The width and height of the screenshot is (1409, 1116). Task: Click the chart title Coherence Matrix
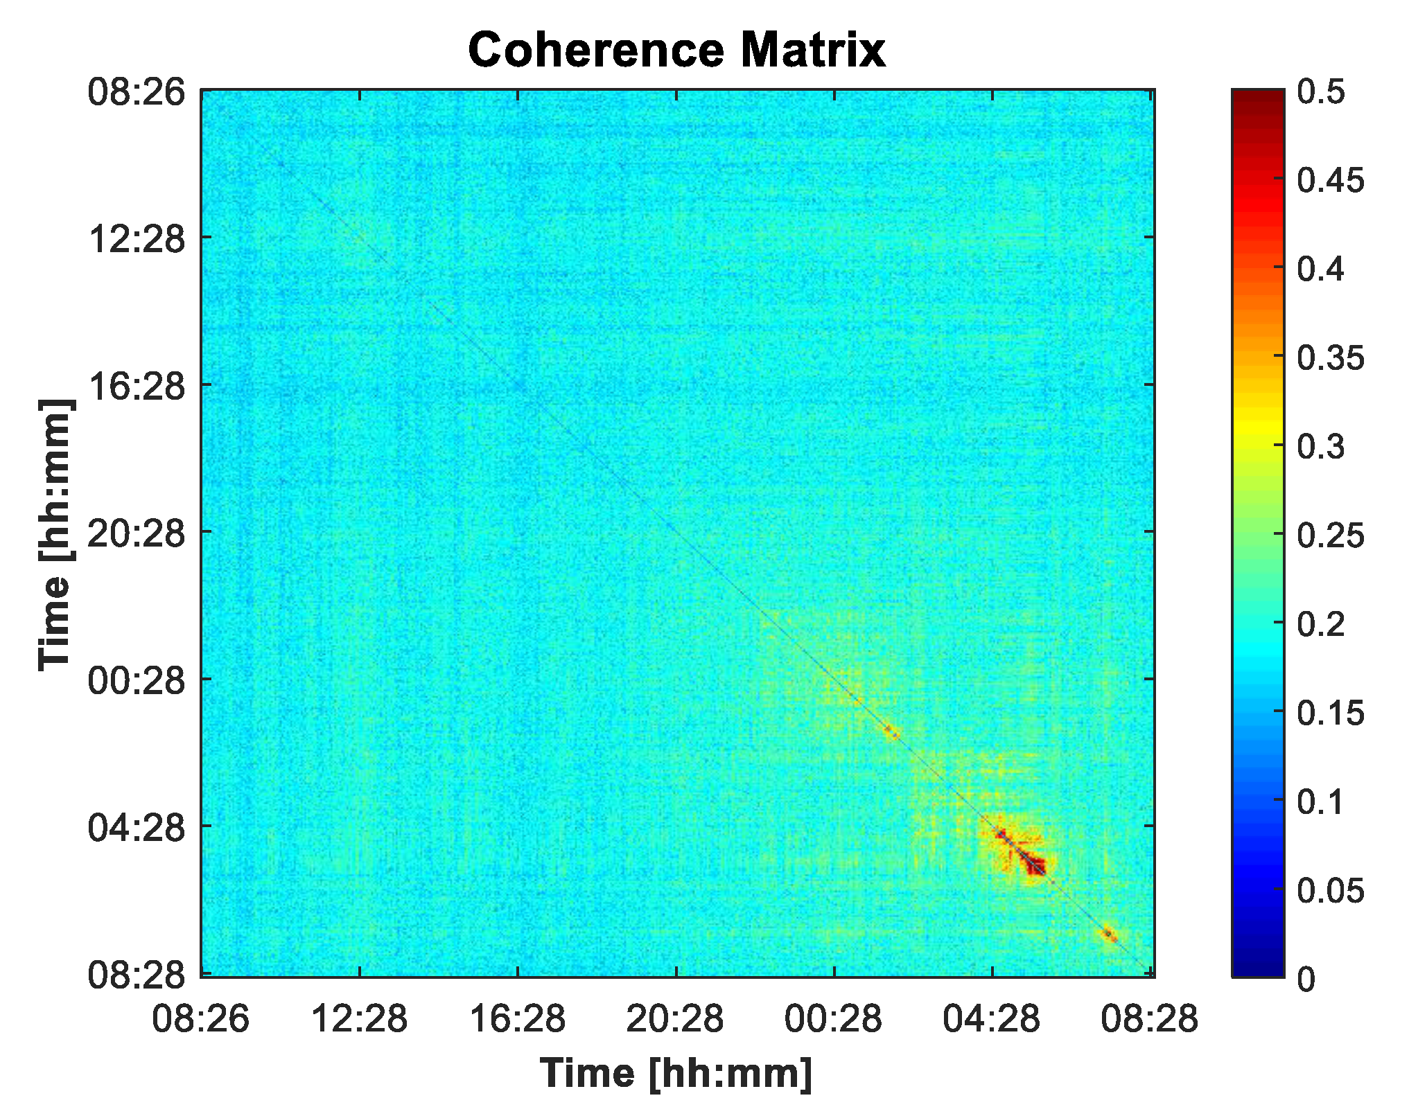click(x=676, y=50)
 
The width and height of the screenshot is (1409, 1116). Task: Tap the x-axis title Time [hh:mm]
click(x=676, y=1073)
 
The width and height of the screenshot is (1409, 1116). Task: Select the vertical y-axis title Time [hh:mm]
click(x=55, y=534)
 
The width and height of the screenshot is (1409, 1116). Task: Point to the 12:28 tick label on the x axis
click(x=359, y=1019)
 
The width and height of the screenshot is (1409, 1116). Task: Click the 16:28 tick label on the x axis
click(x=517, y=1019)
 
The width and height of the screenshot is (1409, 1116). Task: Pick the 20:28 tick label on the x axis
click(x=675, y=1019)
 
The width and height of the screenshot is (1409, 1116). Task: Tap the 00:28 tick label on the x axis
click(x=833, y=1019)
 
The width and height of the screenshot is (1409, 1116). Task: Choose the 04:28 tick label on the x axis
click(x=991, y=1019)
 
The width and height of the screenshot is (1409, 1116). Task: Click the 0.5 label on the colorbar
click(x=1320, y=92)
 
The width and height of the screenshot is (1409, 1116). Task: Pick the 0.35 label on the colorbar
click(x=1330, y=358)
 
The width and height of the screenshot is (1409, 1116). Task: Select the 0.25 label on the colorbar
click(x=1330, y=535)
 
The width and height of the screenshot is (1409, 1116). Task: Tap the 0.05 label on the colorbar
click(x=1330, y=890)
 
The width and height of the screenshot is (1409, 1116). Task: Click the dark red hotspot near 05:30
click(x=1035, y=865)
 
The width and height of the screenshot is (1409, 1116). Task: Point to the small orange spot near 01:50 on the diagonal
click(x=891, y=731)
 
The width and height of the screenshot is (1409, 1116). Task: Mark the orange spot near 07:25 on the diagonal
click(x=1110, y=935)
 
